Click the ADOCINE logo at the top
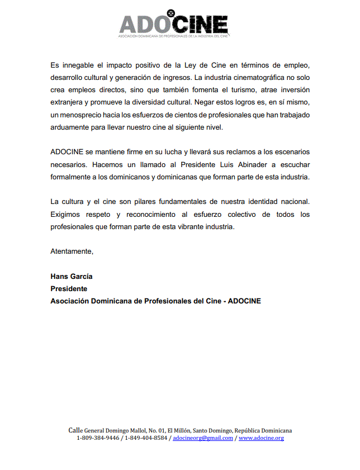point(173,25)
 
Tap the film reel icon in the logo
point(172,13)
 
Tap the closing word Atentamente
point(72,251)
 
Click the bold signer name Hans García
point(72,276)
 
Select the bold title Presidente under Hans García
point(69,288)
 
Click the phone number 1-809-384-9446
point(98,438)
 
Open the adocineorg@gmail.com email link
point(203,438)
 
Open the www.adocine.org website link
point(261,438)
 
